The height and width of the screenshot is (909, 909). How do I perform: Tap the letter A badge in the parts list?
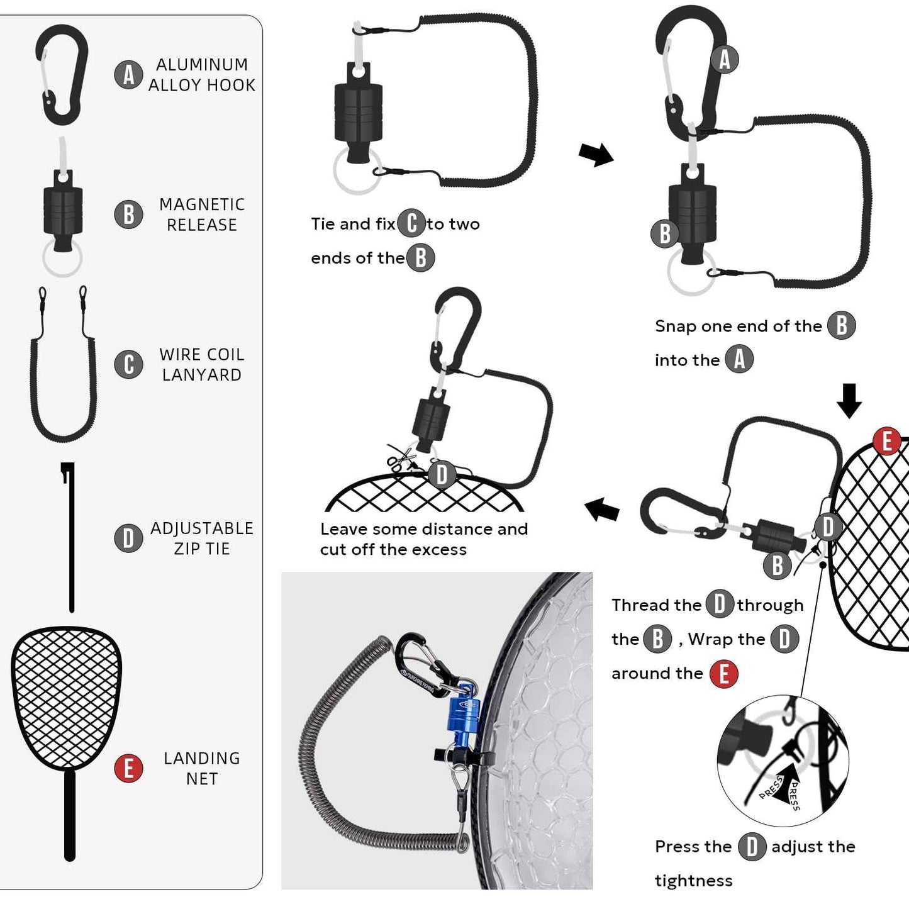point(128,75)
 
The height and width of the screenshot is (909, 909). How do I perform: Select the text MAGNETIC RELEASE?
point(201,215)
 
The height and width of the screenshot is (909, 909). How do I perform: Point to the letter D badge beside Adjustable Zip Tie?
point(128,538)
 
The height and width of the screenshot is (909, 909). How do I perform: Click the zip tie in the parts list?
point(71,541)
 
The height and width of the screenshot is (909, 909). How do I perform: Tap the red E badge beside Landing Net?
point(128,768)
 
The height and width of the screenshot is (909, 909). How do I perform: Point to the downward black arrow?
point(849,401)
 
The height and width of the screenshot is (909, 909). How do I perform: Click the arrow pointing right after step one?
point(595,154)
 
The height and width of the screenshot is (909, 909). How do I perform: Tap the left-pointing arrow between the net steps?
point(602,509)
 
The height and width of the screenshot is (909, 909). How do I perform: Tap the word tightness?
point(693,881)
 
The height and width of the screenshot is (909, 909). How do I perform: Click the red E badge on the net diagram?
point(887,441)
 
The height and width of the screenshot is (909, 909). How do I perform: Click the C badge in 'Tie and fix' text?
point(411,223)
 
